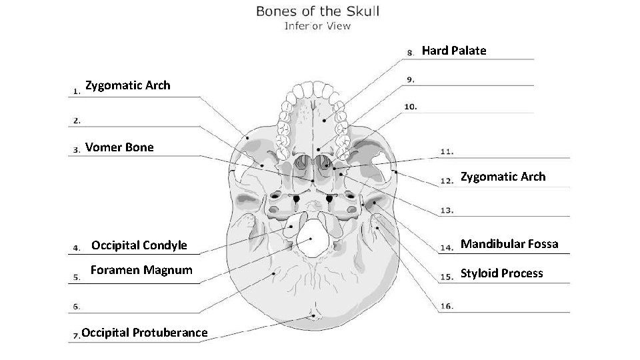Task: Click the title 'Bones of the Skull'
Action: (x=317, y=11)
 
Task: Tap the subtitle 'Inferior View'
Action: (x=317, y=26)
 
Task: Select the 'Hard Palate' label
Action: (x=454, y=51)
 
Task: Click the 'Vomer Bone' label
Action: (x=119, y=147)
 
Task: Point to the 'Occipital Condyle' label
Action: (x=139, y=245)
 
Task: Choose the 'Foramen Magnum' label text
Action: (x=141, y=270)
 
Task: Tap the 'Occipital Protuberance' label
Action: (x=144, y=333)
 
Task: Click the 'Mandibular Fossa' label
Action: (x=509, y=244)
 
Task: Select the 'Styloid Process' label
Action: (x=501, y=273)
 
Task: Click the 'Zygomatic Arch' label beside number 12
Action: (x=503, y=177)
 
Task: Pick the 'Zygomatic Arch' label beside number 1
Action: (x=127, y=85)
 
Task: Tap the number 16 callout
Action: (x=447, y=306)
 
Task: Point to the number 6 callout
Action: (x=77, y=307)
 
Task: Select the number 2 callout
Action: (x=77, y=121)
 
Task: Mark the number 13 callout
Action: (x=447, y=211)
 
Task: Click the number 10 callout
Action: (x=411, y=107)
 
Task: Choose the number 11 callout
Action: (x=447, y=152)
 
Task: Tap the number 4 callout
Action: (x=77, y=247)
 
